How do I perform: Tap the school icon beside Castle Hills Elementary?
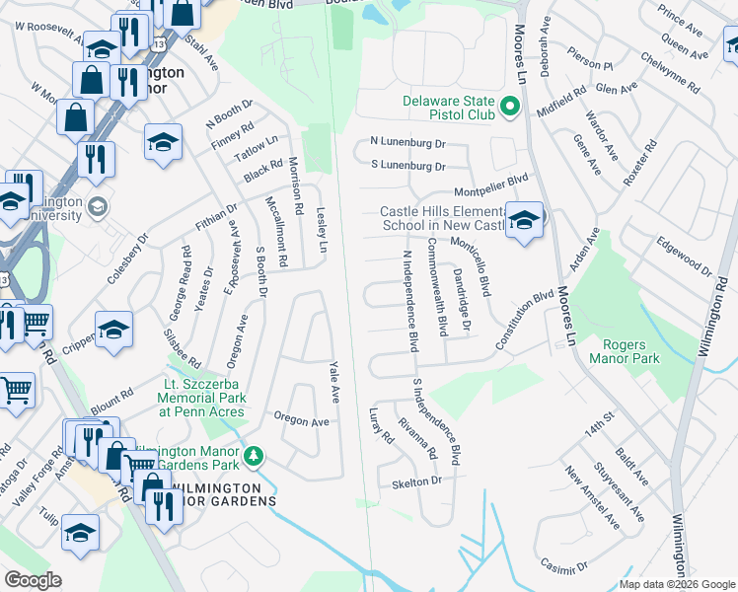point(525,219)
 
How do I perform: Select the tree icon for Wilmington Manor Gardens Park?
point(255,456)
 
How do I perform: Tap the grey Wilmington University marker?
point(97,206)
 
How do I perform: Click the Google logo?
point(33,580)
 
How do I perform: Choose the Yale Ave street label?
point(334,380)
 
